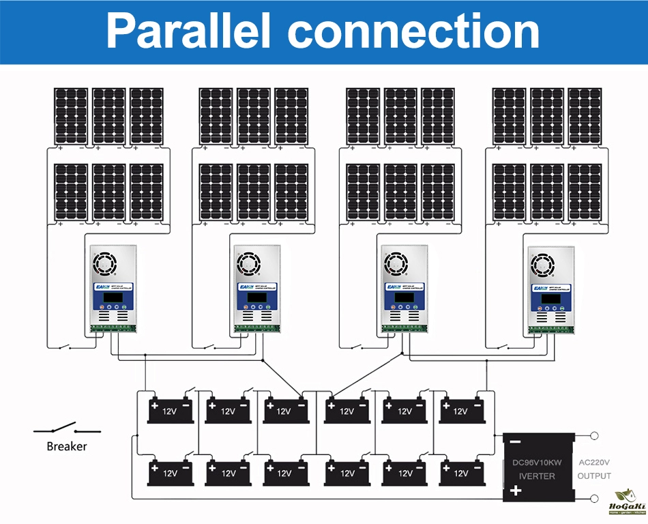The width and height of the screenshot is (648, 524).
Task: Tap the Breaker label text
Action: [67, 446]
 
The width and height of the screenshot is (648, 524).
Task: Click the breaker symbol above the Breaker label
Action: [67, 430]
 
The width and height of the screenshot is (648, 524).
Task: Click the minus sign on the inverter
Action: [516, 441]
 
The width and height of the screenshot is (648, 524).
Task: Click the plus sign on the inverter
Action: [516, 491]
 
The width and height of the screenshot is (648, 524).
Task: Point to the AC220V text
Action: [594, 463]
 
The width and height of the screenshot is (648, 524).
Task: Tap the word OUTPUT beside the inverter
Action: [594, 476]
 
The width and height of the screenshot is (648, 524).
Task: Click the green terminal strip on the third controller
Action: [404, 328]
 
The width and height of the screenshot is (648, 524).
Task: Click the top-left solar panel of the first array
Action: [71, 116]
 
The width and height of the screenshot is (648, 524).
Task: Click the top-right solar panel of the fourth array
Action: [585, 116]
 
